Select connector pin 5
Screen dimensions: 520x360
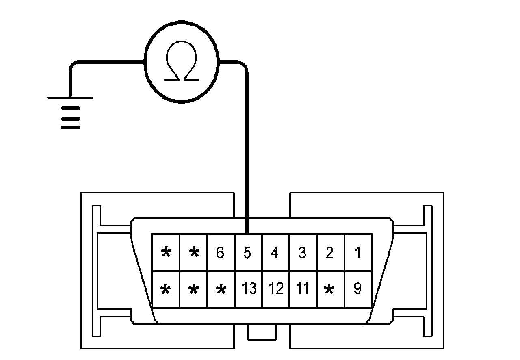pyautogui.click(x=248, y=253)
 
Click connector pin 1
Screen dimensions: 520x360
pyautogui.click(x=358, y=253)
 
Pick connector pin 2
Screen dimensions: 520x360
pyautogui.click(x=330, y=253)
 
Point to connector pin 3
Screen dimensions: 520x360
pyautogui.click(x=302, y=253)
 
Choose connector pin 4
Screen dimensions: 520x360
pyautogui.click(x=275, y=253)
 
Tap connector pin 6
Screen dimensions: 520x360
pyautogui.click(x=220, y=253)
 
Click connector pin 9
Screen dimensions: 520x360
pyautogui.click(x=358, y=288)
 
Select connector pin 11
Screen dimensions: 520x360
pyautogui.click(x=302, y=288)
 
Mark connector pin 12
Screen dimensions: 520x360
pyautogui.click(x=276, y=288)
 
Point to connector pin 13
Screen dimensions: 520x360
pyautogui.click(x=249, y=288)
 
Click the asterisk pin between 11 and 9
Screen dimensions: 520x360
pyautogui.click(x=330, y=289)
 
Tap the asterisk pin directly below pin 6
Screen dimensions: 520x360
pyautogui.click(x=221, y=289)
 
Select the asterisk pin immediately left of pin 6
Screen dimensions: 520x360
pyautogui.click(x=194, y=253)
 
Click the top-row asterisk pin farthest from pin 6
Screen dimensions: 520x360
pyautogui.click(x=166, y=253)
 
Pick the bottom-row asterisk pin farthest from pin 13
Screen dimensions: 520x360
pyautogui.click(x=165, y=289)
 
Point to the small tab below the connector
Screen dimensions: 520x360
pyautogui.click(x=262, y=332)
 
